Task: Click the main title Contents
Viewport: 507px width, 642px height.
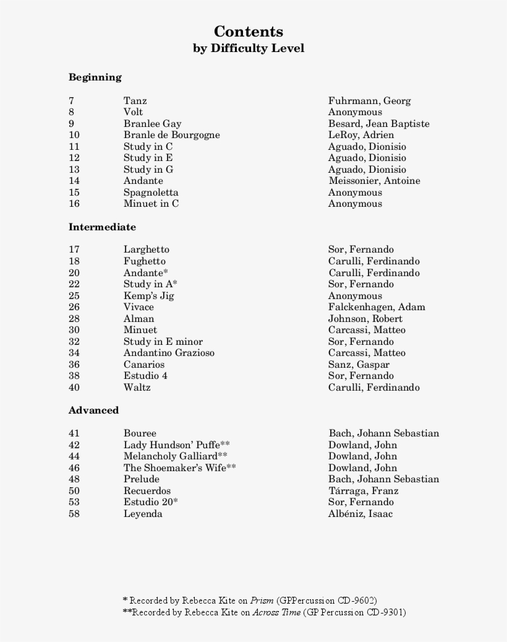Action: point(249,32)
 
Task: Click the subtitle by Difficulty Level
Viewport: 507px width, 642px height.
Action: point(249,48)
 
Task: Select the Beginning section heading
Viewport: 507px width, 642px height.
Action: point(95,77)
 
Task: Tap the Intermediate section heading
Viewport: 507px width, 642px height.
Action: point(102,227)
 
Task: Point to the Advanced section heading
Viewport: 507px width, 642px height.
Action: point(93,410)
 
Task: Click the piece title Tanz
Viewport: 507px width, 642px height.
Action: point(135,101)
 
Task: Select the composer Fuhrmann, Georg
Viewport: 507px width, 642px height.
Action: point(369,101)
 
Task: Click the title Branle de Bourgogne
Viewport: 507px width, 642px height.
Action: point(171,135)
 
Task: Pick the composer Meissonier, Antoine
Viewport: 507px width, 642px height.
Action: point(374,181)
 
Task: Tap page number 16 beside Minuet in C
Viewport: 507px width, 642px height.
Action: point(74,204)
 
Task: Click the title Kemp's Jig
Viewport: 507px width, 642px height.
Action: point(148,296)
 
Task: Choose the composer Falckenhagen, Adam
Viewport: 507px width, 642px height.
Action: point(377,307)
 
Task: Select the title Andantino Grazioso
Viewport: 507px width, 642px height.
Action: point(169,353)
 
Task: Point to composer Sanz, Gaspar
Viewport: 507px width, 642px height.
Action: point(359,365)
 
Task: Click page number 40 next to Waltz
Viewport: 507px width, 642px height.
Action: point(74,388)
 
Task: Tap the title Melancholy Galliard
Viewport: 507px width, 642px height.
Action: point(171,456)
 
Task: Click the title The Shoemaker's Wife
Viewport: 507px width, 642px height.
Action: point(175,468)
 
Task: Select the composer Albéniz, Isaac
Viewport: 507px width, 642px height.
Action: point(360,514)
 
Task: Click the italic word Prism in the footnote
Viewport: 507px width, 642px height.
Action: point(262,601)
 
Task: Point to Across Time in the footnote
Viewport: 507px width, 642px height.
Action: point(276,612)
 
